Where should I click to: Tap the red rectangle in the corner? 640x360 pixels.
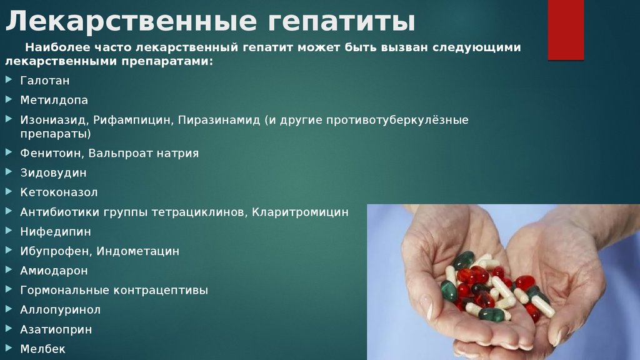click(x=566, y=30)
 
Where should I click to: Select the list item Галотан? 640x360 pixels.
click(x=45, y=81)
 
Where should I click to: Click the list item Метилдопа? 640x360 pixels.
click(x=54, y=100)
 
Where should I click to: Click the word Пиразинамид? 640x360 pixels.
click(x=219, y=120)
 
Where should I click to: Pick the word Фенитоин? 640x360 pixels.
click(x=52, y=154)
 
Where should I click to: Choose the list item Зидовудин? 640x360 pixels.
click(x=54, y=173)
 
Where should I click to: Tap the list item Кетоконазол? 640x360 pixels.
click(x=59, y=192)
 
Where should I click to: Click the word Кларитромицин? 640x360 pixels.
click(x=300, y=212)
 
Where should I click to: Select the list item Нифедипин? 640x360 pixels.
click(x=56, y=232)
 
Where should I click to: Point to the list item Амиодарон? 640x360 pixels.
click(x=54, y=271)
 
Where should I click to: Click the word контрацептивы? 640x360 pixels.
click(x=161, y=291)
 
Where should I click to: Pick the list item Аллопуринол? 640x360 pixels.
click(x=61, y=310)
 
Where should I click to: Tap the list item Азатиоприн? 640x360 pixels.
click(x=56, y=330)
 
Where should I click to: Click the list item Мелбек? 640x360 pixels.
click(x=43, y=349)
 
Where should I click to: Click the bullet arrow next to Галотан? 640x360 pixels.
click(x=9, y=79)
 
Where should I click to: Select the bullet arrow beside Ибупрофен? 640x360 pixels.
click(x=9, y=250)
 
